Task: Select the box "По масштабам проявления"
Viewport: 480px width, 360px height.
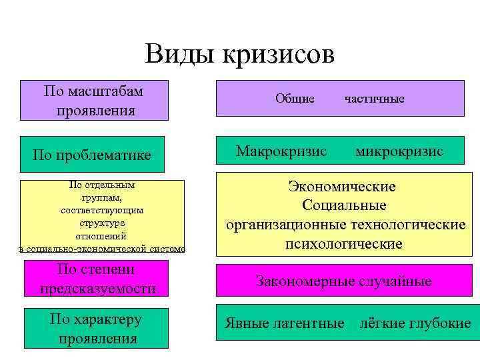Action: point(94,100)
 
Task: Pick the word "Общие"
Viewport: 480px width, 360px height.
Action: point(295,99)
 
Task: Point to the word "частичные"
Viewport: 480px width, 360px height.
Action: point(374,99)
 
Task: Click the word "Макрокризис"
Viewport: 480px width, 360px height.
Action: point(281,151)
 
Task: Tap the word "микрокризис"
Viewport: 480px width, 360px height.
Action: point(399,151)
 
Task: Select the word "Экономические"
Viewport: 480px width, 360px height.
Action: point(341,187)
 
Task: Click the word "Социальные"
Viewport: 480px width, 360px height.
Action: point(344,205)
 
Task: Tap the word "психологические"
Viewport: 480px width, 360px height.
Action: point(344,244)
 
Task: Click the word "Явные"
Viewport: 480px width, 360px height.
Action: point(246,324)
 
